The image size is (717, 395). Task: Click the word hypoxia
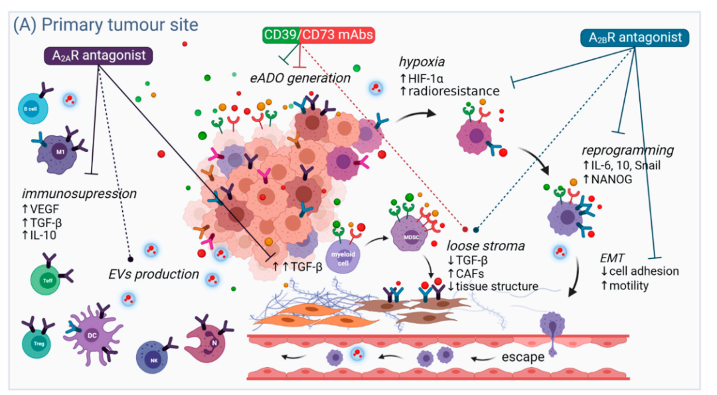click(x=421, y=62)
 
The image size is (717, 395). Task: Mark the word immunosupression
click(x=78, y=194)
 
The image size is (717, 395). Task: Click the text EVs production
click(x=154, y=274)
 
